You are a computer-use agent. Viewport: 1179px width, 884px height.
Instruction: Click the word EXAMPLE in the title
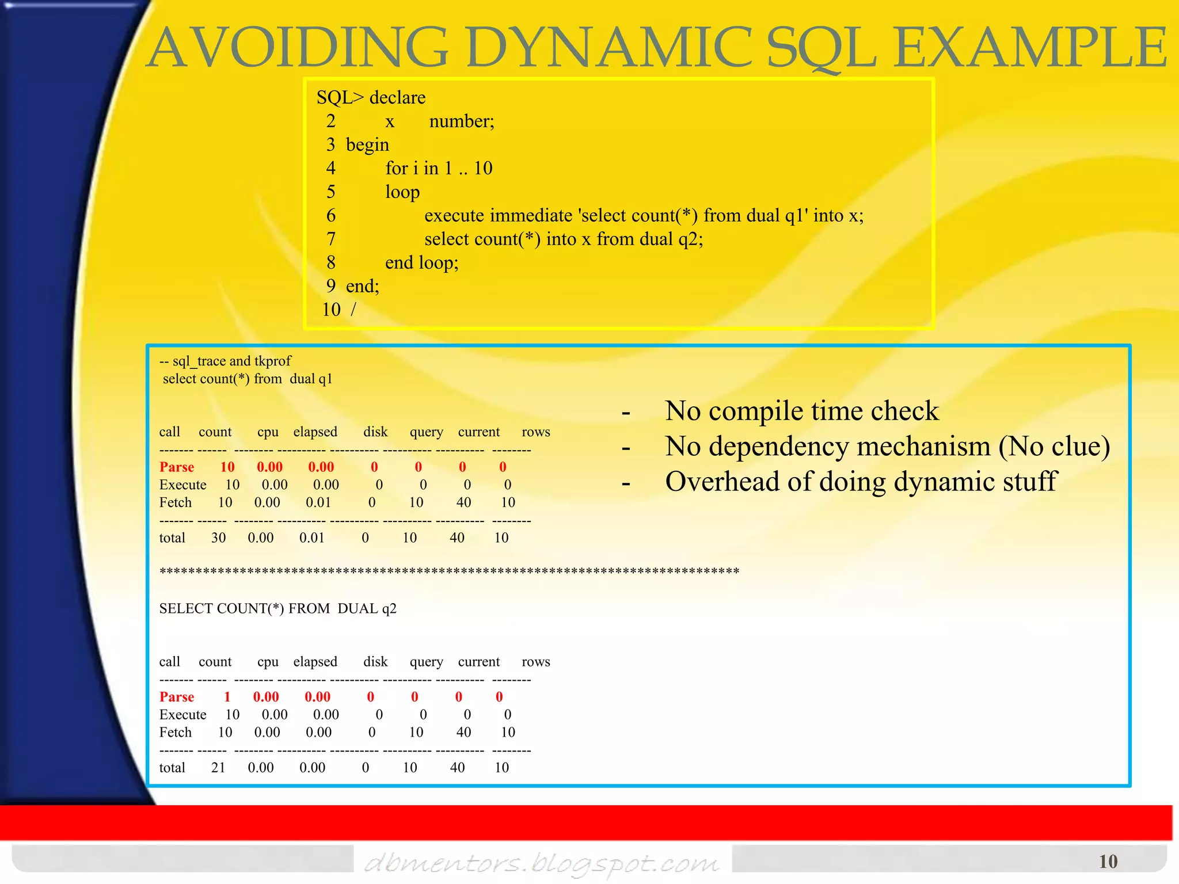click(x=1030, y=48)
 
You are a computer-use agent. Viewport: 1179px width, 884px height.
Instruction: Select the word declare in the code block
click(x=397, y=98)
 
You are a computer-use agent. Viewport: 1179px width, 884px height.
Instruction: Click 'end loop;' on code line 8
click(x=421, y=263)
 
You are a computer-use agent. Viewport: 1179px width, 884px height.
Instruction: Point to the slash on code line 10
click(x=353, y=310)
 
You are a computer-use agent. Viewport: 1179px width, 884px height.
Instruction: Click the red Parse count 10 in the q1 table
click(x=227, y=467)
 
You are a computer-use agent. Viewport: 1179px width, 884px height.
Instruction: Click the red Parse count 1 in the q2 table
click(x=227, y=697)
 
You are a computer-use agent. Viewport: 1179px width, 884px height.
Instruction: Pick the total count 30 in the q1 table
click(x=218, y=538)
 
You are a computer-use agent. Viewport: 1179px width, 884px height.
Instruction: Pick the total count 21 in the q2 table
click(x=218, y=768)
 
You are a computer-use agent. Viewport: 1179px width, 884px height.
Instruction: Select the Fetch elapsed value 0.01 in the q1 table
click(x=318, y=502)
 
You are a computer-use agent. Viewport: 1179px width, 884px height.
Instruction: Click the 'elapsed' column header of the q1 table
click(x=315, y=432)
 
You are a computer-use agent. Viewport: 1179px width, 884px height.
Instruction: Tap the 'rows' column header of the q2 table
click(x=535, y=662)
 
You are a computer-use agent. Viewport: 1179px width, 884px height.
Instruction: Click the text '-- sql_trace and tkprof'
click(x=225, y=361)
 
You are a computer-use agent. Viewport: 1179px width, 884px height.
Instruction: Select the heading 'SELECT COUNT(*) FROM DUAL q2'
click(x=277, y=609)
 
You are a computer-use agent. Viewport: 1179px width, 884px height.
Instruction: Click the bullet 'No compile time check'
click(x=801, y=411)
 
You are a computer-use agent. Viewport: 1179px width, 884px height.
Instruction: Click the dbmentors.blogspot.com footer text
click(x=541, y=863)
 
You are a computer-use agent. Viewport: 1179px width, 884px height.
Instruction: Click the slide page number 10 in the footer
click(x=1108, y=862)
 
